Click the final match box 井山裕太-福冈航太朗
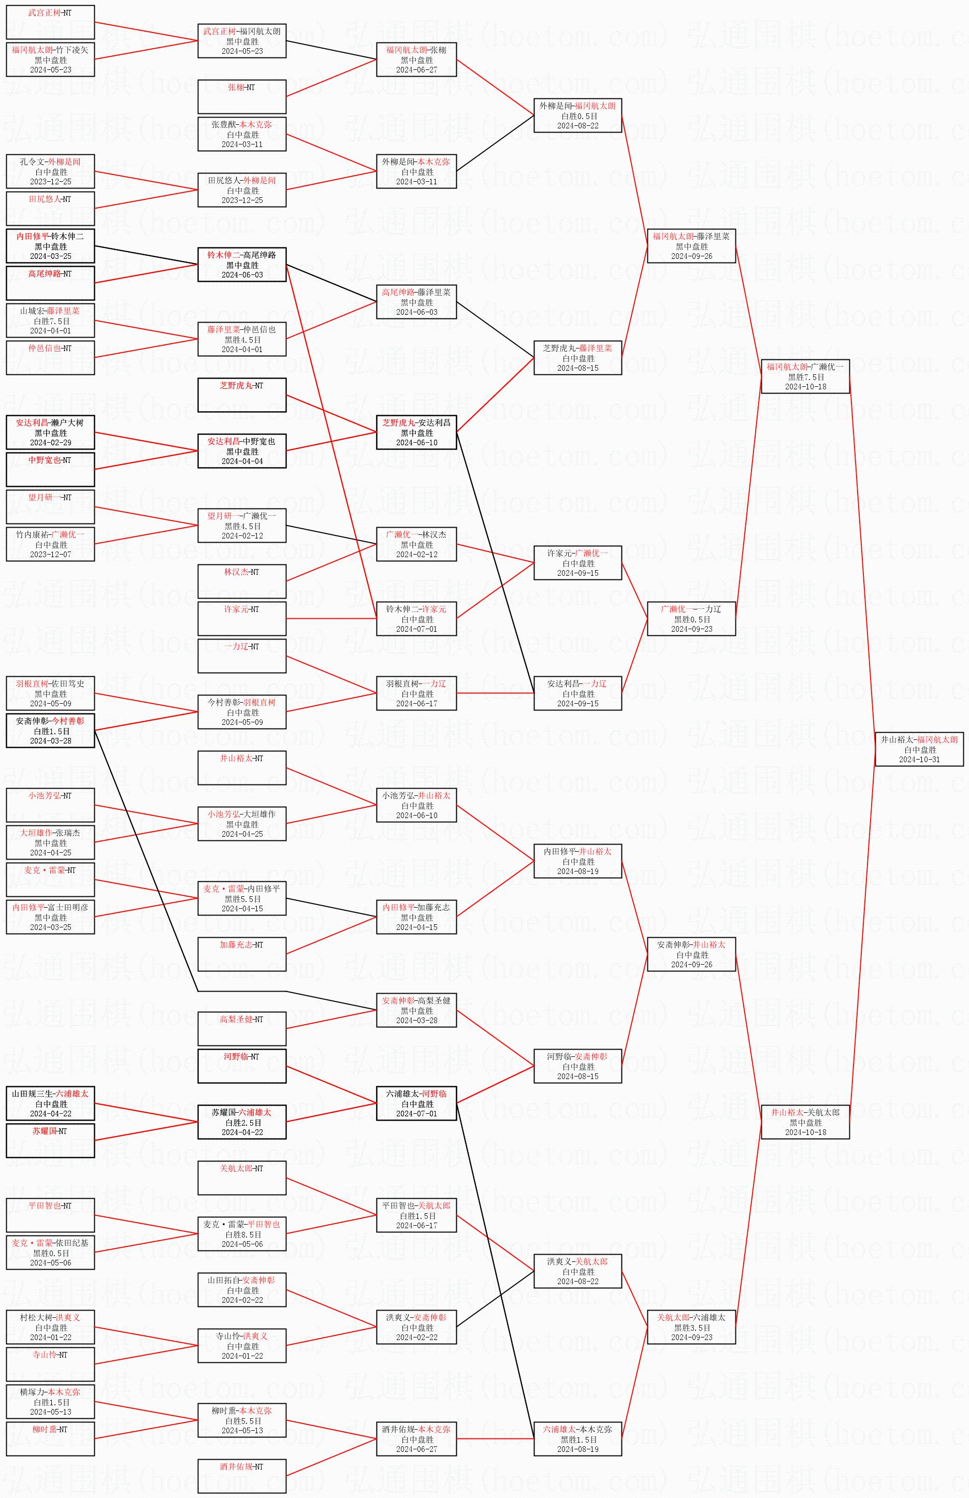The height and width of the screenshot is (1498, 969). pyautogui.click(x=919, y=749)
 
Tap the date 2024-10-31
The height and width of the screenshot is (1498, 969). pyautogui.click(x=919, y=760)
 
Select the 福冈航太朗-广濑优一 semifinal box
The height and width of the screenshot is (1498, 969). pyautogui.click(x=805, y=376)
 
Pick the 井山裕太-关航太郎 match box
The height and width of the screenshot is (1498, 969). pyautogui.click(x=805, y=1122)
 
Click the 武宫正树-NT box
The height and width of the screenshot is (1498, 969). pyautogui.click(x=50, y=22)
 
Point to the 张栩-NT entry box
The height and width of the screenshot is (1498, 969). pyautogui.click(x=242, y=96)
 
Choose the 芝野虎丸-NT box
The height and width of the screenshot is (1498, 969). pyautogui.click(x=242, y=395)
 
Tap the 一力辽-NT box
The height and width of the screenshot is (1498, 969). pyautogui.click(x=242, y=656)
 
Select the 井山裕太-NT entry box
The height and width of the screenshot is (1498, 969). pyautogui.click(x=242, y=767)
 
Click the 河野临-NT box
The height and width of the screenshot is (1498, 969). pyautogui.click(x=242, y=1066)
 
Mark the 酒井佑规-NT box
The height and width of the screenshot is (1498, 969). pyautogui.click(x=242, y=1476)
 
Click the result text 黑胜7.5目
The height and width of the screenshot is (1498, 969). pyautogui.click(x=805, y=377)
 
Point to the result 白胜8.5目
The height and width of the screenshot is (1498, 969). pyautogui.click(x=242, y=1234)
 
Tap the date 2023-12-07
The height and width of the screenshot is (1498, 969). pyautogui.click(x=50, y=554)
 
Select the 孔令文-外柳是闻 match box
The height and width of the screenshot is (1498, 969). pyautogui.click(x=50, y=171)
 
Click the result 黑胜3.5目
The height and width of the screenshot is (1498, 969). pyautogui.click(x=691, y=1328)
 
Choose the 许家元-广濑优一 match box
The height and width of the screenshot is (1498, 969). pyautogui.click(x=577, y=562)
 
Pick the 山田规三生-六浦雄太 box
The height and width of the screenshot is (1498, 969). pyautogui.click(x=50, y=1103)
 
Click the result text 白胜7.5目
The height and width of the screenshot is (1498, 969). pyautogui.click(x=51, y=321)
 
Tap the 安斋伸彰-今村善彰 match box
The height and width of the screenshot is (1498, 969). pyautogui.click(x=50, y=731)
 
